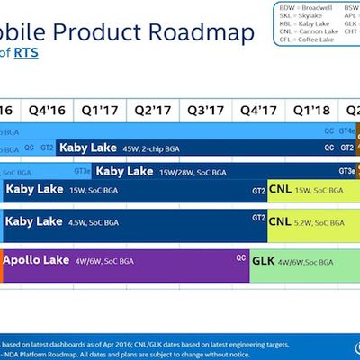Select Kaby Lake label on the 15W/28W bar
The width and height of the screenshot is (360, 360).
pyautogui.click(x=123, y=171)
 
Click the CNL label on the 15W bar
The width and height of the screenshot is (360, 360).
pyautogui.click(x=281, y=190)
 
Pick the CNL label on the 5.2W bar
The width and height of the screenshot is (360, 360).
pyautogui.click(x=281, y=220)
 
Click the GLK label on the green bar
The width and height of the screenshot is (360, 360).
pyautogui.click(x=264, y=259)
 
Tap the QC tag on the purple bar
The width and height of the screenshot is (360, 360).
pyautogui.click(x=240, y=257)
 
